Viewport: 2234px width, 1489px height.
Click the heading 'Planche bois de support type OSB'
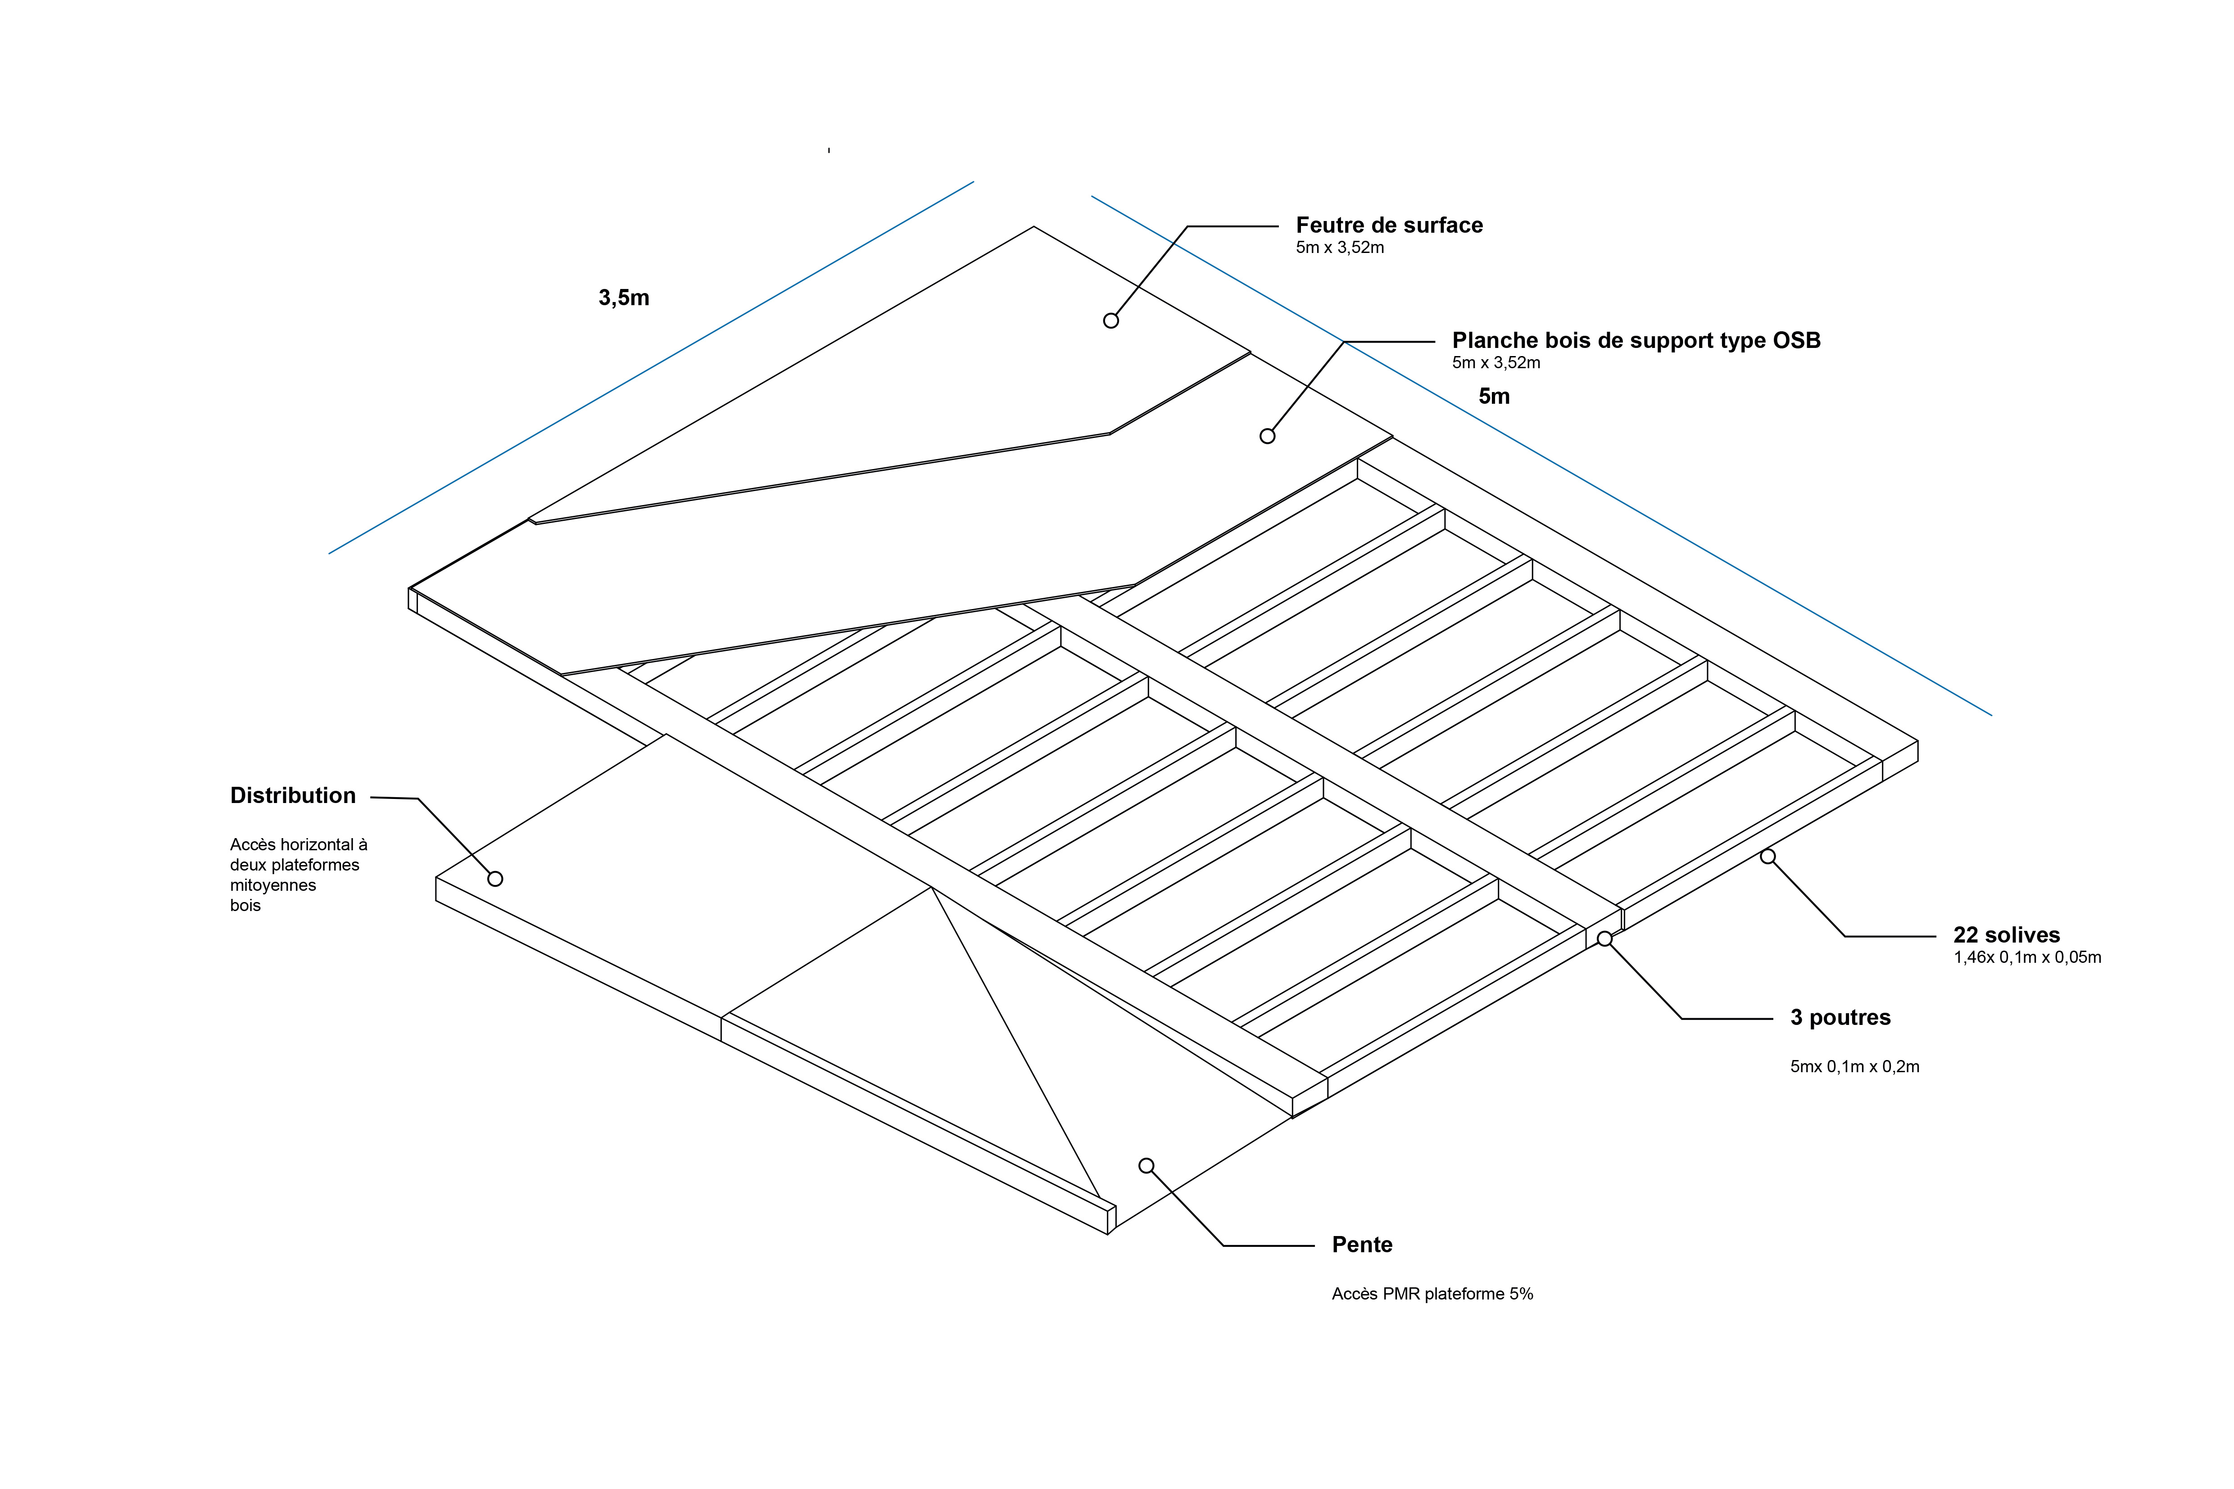[x=1636, y=341]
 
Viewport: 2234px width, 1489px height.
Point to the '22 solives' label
[x=2006, y=935]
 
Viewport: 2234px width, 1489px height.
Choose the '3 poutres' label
[x=1840, y=1018]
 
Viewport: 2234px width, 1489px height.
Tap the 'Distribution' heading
[x=293, y=796]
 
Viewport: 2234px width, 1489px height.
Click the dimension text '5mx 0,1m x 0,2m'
[x=1854, y=1067]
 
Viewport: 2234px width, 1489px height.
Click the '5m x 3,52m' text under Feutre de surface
[x=1339, y=248]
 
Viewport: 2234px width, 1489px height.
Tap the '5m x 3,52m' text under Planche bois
[x=1496, y=363]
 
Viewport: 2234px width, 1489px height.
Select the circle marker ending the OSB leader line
[x=1267, y=437]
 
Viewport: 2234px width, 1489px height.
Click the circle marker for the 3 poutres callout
[x=1604, y=939]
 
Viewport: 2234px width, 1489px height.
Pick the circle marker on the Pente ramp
[x=1146, y=1166]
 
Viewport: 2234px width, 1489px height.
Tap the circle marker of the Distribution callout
[x=495, y=880]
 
